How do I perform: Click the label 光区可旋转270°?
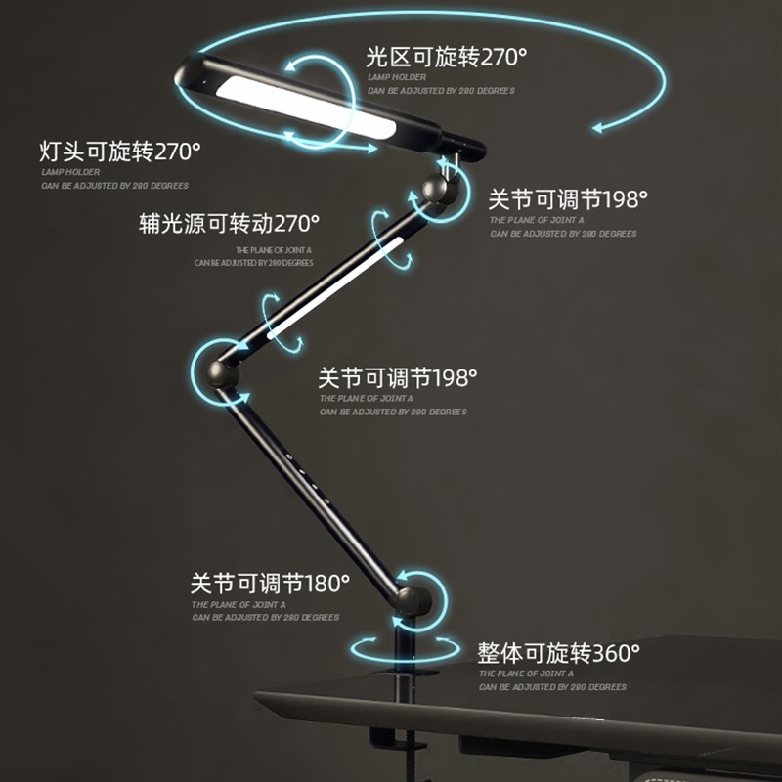(446, 57)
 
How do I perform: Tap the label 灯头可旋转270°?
(120, 152)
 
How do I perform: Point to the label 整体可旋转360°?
(558, 652)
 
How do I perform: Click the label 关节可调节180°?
(270, 585)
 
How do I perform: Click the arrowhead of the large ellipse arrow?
(597, 126)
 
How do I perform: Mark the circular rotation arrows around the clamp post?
(407, 647)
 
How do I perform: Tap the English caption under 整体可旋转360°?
(551, 680)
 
